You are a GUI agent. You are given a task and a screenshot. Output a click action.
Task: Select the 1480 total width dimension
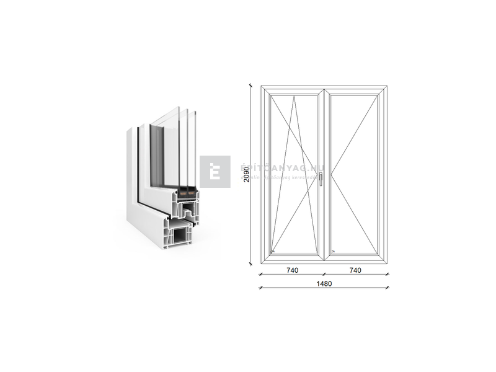click(324, 283)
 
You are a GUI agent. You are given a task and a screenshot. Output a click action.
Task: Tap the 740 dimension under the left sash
click(293, 270)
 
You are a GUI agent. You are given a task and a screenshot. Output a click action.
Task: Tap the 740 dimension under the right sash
click(355, 270)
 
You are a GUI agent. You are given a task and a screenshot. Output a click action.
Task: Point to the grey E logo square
click(215, 172)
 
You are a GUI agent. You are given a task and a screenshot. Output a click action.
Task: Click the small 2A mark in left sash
click(273, 251)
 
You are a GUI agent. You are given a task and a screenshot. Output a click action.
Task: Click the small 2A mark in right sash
click(333, 251)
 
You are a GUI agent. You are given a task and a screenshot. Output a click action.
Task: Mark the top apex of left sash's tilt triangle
click(294, 96)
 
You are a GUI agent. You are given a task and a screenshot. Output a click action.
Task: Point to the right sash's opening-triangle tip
click(331, 174)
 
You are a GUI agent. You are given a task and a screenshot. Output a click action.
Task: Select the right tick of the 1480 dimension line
click(387, 287)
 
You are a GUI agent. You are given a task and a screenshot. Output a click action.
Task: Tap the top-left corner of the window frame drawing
click(261, 86)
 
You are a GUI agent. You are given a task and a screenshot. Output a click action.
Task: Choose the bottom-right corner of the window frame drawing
click(386, 262)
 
